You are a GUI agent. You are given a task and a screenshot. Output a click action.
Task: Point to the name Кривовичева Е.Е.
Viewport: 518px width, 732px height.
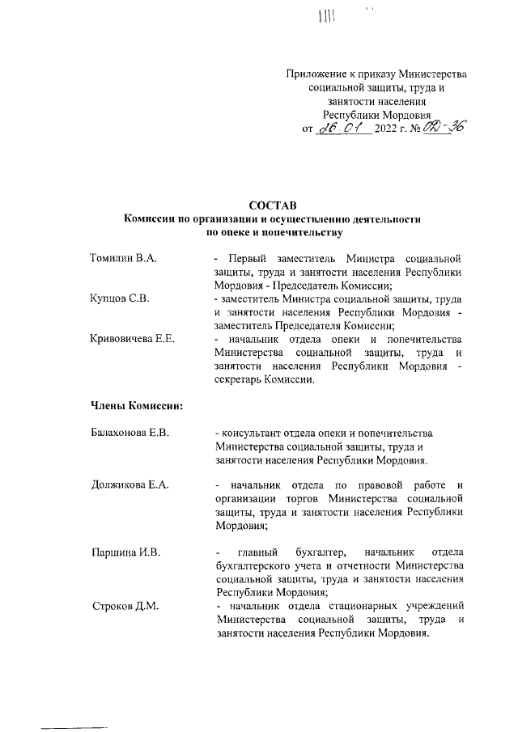pos(133,338)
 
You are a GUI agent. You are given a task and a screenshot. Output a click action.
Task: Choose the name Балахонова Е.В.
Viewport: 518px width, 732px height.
pos(129,434)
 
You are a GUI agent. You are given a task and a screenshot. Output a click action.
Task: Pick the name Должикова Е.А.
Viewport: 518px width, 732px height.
pos(129,484)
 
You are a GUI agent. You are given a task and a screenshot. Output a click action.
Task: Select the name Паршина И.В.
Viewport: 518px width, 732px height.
pos(125,552)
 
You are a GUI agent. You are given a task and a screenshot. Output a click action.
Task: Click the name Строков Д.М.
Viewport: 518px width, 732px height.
pos(125,606)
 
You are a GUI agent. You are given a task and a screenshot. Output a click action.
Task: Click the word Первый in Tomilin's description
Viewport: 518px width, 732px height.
pos(244,259)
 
